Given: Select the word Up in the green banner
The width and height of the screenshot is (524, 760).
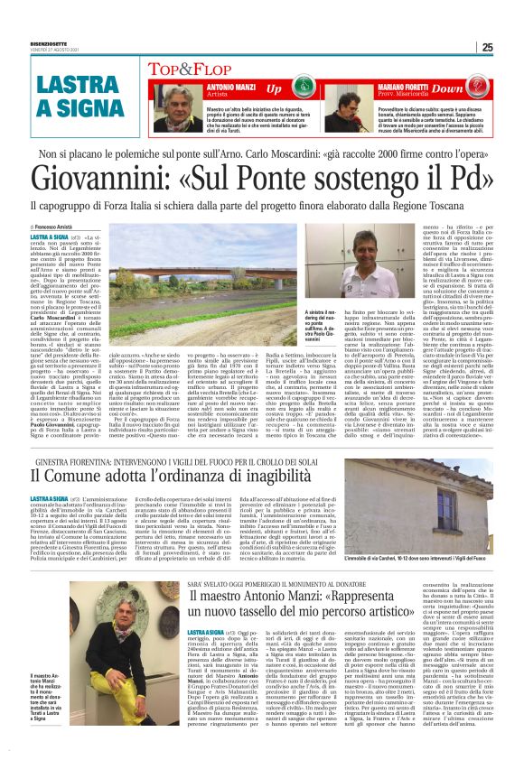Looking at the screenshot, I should (273, 88).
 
